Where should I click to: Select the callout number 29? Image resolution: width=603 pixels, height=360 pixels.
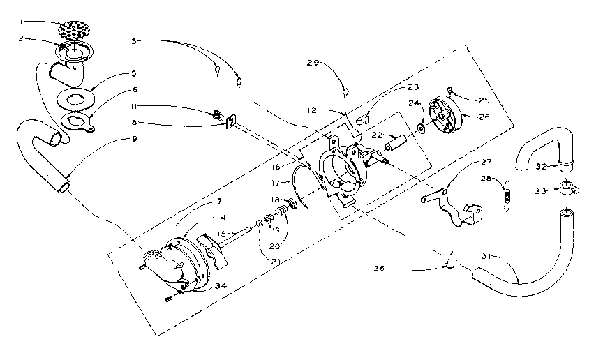click(313, 63)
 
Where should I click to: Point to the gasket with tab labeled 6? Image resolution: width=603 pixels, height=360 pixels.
click(79, 122)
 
